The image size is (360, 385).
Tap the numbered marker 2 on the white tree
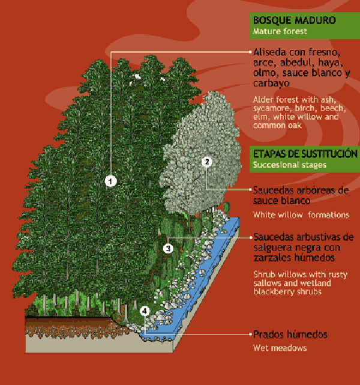(206, 162)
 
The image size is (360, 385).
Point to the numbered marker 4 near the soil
(145, 311)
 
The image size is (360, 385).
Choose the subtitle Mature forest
(280, 31)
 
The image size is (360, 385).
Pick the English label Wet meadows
(280, 348)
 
